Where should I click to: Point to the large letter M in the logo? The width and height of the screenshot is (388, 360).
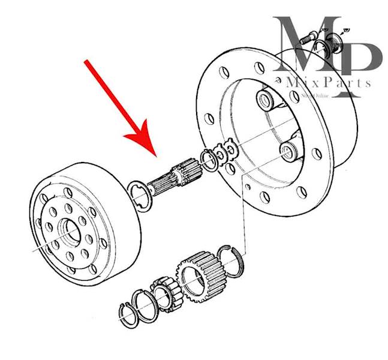(300, 48)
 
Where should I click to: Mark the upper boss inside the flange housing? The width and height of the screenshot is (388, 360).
(267, 100)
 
